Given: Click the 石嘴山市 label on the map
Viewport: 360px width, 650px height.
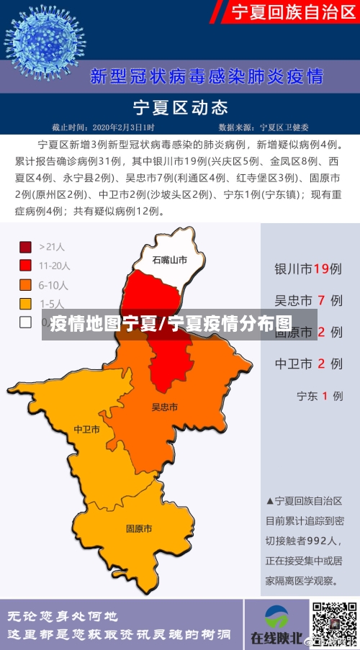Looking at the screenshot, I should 169,260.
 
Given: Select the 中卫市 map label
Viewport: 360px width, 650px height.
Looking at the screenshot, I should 86,430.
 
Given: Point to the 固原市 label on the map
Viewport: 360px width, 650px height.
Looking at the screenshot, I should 138,528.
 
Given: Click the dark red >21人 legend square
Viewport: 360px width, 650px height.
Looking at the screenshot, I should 26,247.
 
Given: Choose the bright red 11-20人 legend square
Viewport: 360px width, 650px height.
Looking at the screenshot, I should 26,266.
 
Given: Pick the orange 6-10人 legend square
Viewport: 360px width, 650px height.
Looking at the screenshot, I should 26,284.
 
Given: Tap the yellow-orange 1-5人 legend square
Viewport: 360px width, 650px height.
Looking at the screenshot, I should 26,303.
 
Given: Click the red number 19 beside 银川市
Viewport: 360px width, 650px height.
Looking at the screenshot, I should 321,268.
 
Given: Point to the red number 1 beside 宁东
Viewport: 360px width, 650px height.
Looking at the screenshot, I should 325,395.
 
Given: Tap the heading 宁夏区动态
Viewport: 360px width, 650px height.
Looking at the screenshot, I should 181,108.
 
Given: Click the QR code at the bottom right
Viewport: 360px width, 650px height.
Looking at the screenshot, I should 334,623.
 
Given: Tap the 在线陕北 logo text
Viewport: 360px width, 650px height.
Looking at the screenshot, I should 275,637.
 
